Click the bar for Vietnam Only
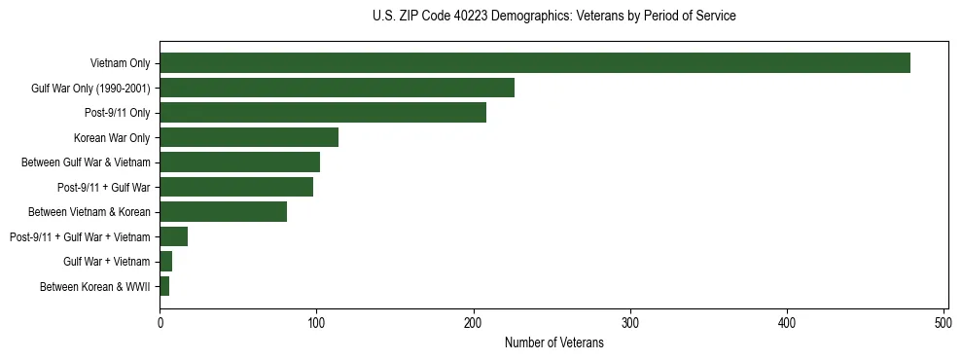pos(535,63)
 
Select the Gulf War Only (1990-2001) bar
pos(337,89)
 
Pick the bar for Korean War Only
pos(249,137)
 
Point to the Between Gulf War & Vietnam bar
pos(239,162)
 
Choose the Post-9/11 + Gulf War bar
pos(236,187)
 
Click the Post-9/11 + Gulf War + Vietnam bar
pos(173,236)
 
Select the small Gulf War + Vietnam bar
pos(166,261)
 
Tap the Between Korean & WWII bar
pos(164,286)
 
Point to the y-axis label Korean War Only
pos(112,137)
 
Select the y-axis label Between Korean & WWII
pos(95,286)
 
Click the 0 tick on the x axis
pos(160,322)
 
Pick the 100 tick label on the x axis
pos(316,322)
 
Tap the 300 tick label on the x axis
pos(630,322)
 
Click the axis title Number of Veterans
pos(553,342)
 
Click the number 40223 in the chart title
pos(469,17)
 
